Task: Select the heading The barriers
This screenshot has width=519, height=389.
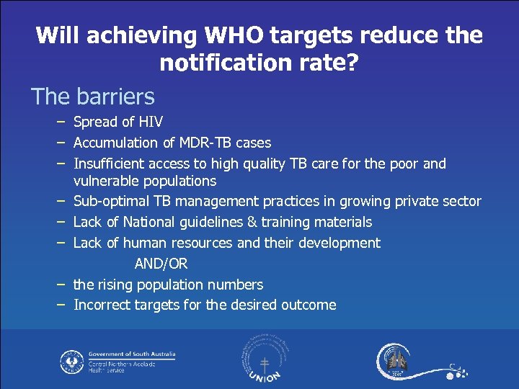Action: click(92, 96)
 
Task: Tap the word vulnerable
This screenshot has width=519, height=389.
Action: click(107, 181)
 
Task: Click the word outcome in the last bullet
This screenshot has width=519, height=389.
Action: click(308, 305)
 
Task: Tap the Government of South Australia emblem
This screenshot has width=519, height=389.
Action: click(72, 359)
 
